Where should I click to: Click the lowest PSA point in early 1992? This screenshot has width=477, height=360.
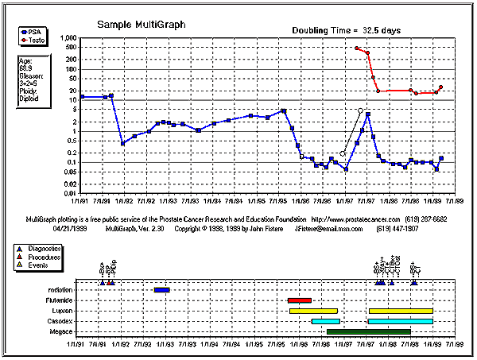[x=122, y=144]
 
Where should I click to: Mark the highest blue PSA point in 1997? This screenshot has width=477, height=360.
[x=368, y=114]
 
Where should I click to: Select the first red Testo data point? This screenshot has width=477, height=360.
[x=357, y=48]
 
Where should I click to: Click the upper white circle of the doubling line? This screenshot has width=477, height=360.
[x=360, y=111]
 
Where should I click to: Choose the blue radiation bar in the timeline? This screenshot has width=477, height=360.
[x=162, y=290]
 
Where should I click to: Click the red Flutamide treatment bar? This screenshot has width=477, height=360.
[x=300, y=300]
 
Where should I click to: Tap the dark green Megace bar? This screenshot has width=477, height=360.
[x=368, y=331]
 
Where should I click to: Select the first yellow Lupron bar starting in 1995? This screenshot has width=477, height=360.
[x=313, y=311]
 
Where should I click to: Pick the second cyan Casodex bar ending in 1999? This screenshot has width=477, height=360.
[x=400, y=321]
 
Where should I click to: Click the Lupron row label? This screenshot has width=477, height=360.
[x=61, y=311]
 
